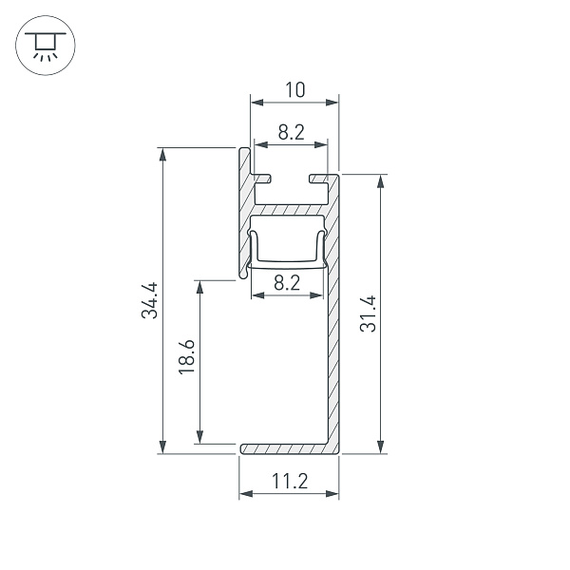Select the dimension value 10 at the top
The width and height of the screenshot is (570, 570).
(x=294, y=90)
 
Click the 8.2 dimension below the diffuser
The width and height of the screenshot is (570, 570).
(x=287, y=282)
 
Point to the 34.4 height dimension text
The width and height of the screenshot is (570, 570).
(x=149, y=300)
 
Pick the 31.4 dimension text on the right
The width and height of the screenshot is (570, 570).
(x=369, y=313)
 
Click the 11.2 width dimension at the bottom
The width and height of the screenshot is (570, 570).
(x=288, y=481)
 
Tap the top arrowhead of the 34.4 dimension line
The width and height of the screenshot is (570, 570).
(x=162, y=153)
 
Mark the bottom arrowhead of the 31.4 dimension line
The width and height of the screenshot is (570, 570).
(x=381, y=447)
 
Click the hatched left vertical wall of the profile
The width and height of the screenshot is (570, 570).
(x=244, y=214)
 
